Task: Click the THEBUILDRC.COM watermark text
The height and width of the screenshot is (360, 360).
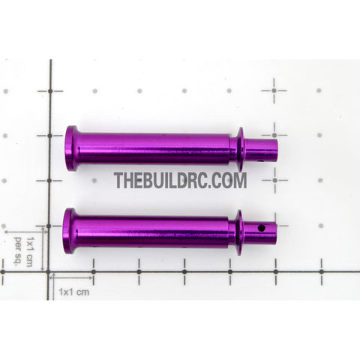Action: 180,180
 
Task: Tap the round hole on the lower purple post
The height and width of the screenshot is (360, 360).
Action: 262,228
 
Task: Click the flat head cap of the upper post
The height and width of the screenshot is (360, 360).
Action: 70,148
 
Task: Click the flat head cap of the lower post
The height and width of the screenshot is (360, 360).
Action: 68,231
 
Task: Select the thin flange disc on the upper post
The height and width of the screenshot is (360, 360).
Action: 241,149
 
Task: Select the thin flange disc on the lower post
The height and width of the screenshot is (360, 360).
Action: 239,232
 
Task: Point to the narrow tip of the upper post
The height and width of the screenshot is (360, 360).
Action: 261,151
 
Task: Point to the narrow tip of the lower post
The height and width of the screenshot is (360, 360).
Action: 259,233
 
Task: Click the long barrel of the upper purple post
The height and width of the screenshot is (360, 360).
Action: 153,148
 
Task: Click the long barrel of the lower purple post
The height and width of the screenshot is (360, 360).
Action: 151,232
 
